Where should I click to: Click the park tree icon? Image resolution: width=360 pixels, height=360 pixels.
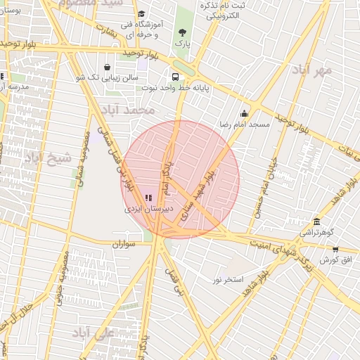pyautogui.click(x=184, y=32)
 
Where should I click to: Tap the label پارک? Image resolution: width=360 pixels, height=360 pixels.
pyautogui.click(x=184, y=44)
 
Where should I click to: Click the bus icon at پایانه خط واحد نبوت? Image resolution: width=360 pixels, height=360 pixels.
pyautogui.click(x=174, y=77)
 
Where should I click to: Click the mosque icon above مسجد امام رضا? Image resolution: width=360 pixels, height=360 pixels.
pyautogui.click(x=244, y=113)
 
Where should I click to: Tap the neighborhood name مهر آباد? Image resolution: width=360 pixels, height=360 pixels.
pyautogui.click(x=314, y=72)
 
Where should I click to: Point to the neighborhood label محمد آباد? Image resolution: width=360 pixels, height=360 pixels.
pyautogui.click(x=128, y=111)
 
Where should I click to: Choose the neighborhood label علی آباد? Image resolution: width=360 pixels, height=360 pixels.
pyautogui.click(x=92, y=333)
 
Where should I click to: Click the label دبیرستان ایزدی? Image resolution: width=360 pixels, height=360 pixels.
pyautogui.click(x=148, y=209)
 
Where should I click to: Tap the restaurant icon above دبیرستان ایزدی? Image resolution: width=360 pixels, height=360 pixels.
pyautogui.click(x=148, y=198)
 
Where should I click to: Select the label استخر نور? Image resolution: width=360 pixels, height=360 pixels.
pyautogui.click(x=228, y=279)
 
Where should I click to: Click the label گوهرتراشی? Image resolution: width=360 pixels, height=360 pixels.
pyautogui.click(x=319, y=232)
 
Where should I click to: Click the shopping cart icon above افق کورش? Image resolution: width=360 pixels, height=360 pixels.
pyautogui.click(x=335, y=249)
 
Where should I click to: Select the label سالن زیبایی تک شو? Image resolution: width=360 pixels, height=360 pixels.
pyautogui.click(x=106, y=78)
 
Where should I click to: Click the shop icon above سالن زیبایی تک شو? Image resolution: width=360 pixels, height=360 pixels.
pyautogui.click(x=107, y=67)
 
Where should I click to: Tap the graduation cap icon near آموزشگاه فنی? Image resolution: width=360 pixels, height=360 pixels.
pyautogui.click(x=141, y=14)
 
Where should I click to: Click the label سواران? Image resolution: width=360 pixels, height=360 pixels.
pyautogui.click(x=122, y=244)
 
